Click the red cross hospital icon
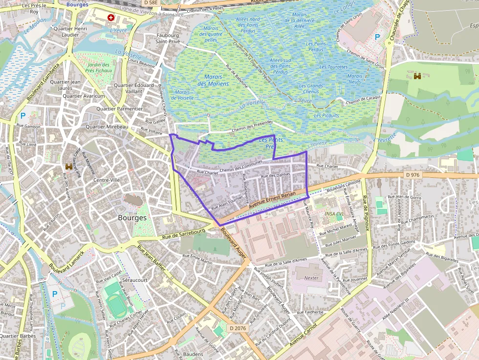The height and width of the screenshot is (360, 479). (111, 18)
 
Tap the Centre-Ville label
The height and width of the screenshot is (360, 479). (107, 180)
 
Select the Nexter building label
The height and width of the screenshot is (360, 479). (311, 278)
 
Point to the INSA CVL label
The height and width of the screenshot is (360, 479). (334, 214)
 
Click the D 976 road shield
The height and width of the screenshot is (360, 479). (413, 175)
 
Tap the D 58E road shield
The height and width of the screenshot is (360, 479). (150, 2)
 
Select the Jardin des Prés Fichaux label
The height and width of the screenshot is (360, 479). (99, 67)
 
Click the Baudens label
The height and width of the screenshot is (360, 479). (193, 354)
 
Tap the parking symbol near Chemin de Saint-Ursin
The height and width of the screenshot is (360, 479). (377, 37)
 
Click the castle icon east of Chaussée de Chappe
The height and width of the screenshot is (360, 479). (417, 76)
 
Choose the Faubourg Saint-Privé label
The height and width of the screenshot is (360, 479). (168, 39)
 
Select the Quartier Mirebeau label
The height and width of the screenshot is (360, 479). (107, 127)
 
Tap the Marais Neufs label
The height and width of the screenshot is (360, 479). (354, 79)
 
